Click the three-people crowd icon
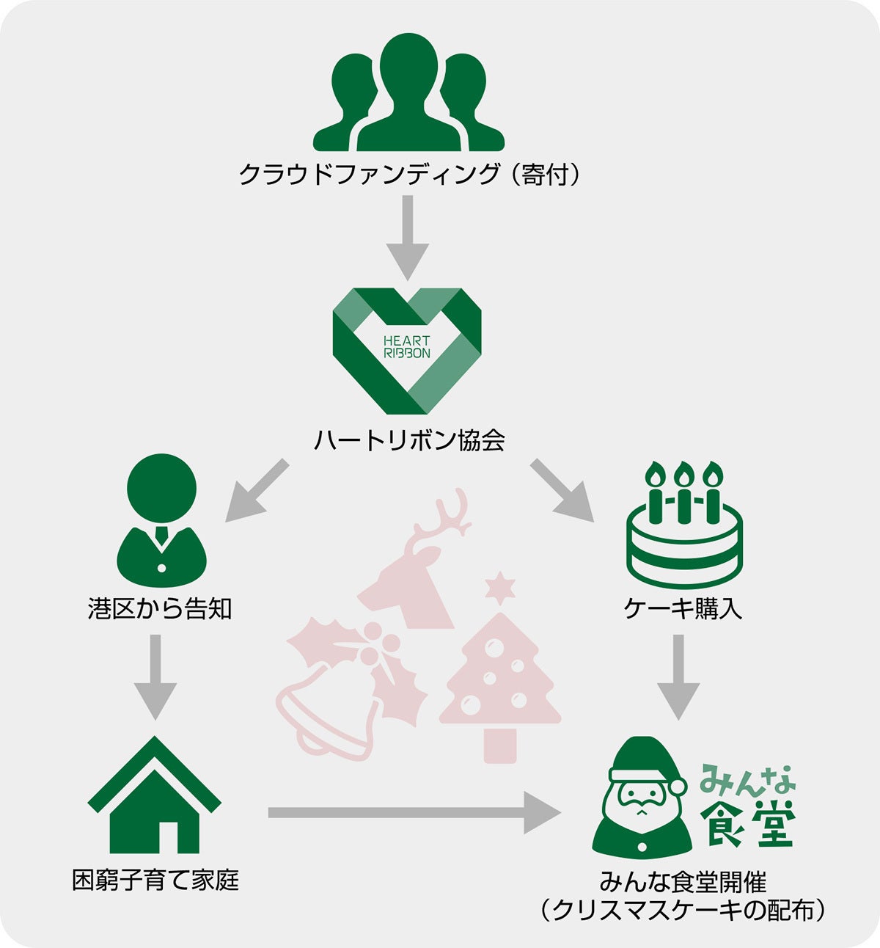pos(408,93)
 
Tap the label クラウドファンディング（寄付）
pos(409,175)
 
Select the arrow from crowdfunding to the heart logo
pos(408,238)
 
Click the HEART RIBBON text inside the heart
pos(406,347)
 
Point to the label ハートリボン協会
pos(409,440)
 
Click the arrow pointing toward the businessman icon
pos(257,491)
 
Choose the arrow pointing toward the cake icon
pos(562,491)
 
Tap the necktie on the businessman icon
pos(162,535)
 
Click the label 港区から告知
pos(160,609)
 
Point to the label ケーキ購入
pos(683,609)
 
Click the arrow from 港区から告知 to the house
pos(155,677)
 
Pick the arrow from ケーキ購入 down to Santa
pos(678,677)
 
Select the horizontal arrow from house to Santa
pos(414,812)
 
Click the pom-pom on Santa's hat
pos(678,786)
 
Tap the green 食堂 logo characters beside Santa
pos(748,823)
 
